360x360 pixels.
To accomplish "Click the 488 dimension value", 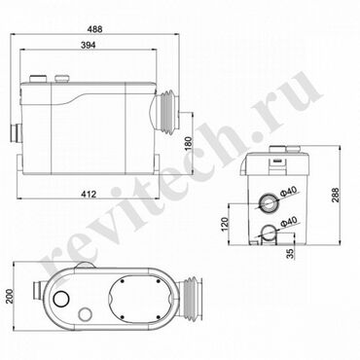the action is [x=95, y=29].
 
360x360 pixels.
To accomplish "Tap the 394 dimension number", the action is [x=88, y=45].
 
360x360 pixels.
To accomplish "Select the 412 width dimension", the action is [x=89, y=194].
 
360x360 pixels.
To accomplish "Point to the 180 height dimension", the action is [x=189, y=145].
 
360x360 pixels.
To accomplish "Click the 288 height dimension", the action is [x=335, y=195].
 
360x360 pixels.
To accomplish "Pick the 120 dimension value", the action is [x=225, y=224].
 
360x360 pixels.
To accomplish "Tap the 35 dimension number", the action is [x=292, y=253].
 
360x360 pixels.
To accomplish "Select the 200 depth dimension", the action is [x=10, y=296].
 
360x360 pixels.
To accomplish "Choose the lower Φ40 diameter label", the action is [x=288, y=222].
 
